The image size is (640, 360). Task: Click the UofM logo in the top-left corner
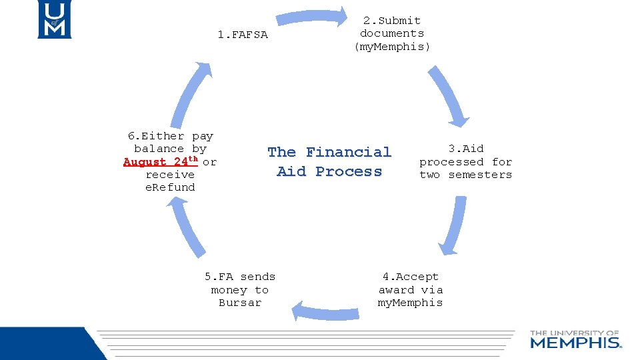pyautogui.click(x=53, y=19)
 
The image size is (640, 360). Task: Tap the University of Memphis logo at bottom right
pyautogui.click(x=575, y=339)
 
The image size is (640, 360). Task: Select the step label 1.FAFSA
pyautogui.click(x=243, y=35)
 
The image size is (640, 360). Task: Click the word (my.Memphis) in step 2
pyautogui.click(x=392, y=46)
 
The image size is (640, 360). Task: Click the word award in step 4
pyautogui.click(x=397, y=290)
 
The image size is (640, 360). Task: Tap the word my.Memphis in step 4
pyautogui.click(x=410, y=303)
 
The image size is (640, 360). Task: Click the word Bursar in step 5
pyautogui.click(x=240, y=303)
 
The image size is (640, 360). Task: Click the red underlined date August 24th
pyautogui.click(x=161, y=161)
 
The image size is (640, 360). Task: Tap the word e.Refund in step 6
pyautogui.click(x=170, y=187)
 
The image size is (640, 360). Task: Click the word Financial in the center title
pyautogui.click(x=349, y=152)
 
